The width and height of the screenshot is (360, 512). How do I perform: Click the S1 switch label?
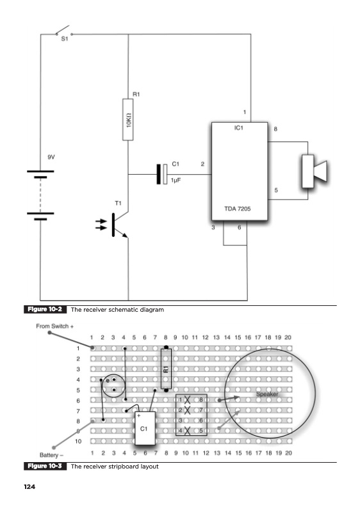tap(65, 38)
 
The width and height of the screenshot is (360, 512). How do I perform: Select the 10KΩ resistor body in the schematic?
tap(128, 120)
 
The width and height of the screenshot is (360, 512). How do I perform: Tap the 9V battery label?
tap(51, 157)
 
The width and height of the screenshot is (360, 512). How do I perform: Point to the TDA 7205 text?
tap(238, 209)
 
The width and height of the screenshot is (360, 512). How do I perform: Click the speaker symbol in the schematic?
tap(314, 172)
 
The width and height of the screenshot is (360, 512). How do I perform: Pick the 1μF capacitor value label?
tap(176, 180)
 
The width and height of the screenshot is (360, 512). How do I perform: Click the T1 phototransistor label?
tap(119, 203)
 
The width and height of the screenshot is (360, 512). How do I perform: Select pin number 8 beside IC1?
tap(275, 129)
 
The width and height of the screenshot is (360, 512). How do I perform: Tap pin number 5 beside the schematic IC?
tap(276, 190)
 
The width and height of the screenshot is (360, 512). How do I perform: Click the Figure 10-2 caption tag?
tap(45, 309)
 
